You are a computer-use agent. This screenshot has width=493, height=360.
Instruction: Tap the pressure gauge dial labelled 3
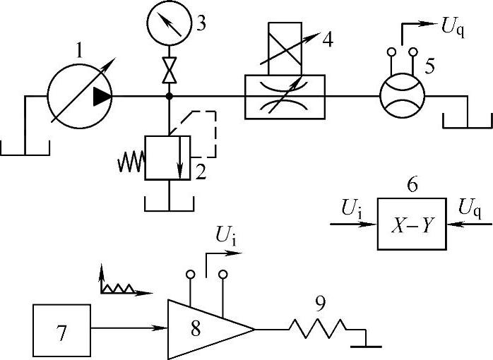click(x=168, y=23)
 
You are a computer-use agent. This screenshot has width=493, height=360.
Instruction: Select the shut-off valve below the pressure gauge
click(x=168, y=70)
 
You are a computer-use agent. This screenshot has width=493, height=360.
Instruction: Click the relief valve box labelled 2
click(x=167, y=159)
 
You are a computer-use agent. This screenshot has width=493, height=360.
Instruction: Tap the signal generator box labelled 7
click(x=61, y=331)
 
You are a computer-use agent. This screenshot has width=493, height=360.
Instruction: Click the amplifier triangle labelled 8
click(x=205, y=330)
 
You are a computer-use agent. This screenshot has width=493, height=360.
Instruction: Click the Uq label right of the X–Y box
click(x=470, y=208)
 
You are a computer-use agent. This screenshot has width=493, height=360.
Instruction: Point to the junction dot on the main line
click(x=168, y=96)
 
